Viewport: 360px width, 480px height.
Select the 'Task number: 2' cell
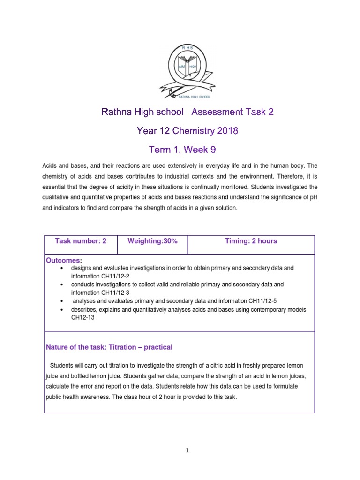(81, 241)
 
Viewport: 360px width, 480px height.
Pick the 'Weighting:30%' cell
(152, 241)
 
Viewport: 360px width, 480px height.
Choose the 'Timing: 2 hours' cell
(251, 241)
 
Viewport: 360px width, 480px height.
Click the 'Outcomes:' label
(63, 260)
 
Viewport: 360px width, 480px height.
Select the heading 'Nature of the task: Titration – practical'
(109, 347)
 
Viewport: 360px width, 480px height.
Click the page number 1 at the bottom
(187, 451)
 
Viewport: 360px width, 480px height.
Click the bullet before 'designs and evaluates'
(62, 268)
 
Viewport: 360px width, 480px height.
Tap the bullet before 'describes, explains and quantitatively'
(62, 309)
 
